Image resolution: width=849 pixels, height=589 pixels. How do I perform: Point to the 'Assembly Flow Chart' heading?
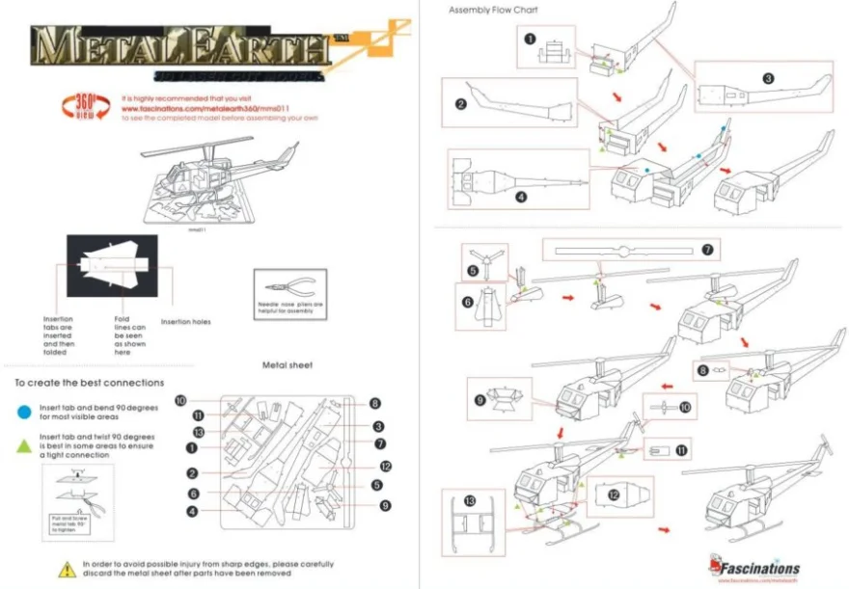click(493, 11)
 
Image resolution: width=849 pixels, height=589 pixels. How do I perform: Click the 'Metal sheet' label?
click(287, 365)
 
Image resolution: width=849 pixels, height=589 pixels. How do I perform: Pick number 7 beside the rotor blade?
click(707, 251)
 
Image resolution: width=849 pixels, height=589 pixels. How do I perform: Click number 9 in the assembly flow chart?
click(479, 399)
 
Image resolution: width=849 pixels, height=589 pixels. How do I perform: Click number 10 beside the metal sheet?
click(181, 400)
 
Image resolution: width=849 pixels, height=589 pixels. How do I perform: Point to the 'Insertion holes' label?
click(185, 322)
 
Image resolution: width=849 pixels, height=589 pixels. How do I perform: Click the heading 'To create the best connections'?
click(90, 383)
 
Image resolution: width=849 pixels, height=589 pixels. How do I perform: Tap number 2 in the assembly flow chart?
click(461, 104)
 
